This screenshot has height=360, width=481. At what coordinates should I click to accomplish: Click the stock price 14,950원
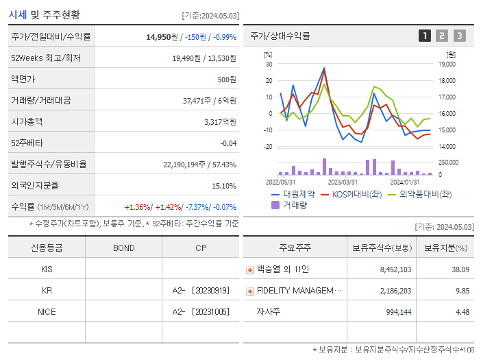pyautogui.click(x=162, y=36)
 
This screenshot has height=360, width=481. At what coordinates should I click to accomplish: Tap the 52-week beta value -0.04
pyautogui.click(x=228, y=143)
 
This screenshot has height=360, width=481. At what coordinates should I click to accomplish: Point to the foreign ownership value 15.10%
pyautogui.click(x=224, y=186)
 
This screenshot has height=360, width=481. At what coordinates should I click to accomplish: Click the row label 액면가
pyautogui.click(x=23, y=80)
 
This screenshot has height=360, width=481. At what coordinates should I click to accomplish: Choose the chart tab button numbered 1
pyautogui.click(x=425, y=36)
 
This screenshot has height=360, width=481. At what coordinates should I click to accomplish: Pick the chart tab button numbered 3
pyautogui.click(x=459, y=36)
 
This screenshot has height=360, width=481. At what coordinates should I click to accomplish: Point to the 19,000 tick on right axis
pyautogui.click(x=447, y=64)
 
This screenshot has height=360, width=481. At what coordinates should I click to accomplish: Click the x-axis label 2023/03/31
pyautogui.click(x=343, y=182)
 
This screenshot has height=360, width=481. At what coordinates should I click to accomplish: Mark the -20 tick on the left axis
pyautogui.click(x=269, y=147)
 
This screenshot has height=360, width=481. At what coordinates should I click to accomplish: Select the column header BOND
pyautogui.click(x=123, y=248)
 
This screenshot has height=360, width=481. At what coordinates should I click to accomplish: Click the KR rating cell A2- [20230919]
pyautogui.click(x=201, y=291)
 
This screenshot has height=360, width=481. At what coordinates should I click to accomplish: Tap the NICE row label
pyautogui.click(x=47, y=312)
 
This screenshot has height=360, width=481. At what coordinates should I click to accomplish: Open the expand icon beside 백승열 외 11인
pyautogui.click(x=250, y=270)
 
